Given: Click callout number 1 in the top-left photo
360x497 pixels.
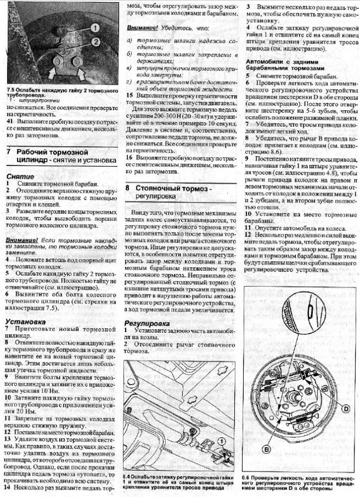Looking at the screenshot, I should tap(95, 27).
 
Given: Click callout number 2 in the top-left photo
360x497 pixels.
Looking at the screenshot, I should tap(95, 42).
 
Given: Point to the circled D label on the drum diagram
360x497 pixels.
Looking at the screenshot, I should tap(346, 408).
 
